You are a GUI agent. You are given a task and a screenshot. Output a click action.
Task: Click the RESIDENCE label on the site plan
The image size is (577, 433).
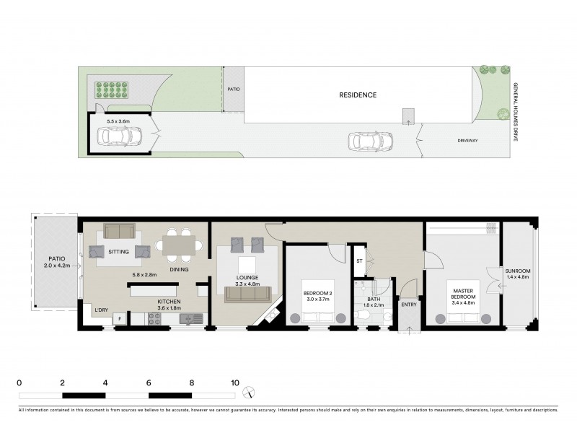[358, 95]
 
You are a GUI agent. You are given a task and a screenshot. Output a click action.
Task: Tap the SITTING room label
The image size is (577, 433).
[118, 252]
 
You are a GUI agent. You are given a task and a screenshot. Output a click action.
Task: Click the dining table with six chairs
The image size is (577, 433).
[179, 245]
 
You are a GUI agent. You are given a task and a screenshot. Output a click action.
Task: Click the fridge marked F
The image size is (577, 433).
[119, 318]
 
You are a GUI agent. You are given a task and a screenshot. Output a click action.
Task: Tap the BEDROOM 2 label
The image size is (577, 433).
[317, 292]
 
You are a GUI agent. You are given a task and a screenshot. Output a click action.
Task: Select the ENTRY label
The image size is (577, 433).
[409, 305]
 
